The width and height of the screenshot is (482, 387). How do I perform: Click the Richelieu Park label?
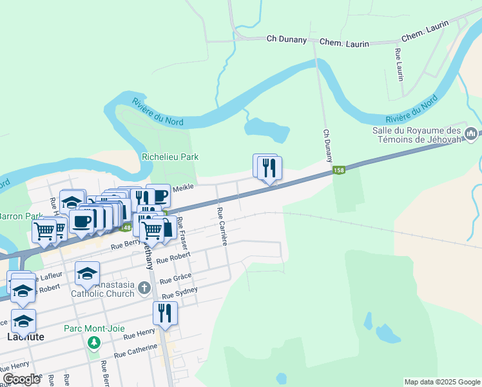click(x=170, y=157)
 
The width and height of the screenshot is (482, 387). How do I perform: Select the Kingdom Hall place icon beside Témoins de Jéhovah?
click(x=471, y=134)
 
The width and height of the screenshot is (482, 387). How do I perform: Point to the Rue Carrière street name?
click(x=222, y=226)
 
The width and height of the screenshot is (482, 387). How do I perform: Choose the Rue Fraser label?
click(x=183, y=233)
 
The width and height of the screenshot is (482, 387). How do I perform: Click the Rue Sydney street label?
click(x=180, y=293)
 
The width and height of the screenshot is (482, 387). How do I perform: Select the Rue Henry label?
click(x=139, y=334)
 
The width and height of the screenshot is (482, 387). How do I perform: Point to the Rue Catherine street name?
click(x=135, y=352)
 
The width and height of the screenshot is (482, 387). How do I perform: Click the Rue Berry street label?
click(x=125, y=244)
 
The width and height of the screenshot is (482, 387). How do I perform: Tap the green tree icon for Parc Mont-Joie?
click(x=95, y=341)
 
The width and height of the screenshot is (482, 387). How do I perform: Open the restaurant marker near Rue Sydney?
click(x=165, y=313)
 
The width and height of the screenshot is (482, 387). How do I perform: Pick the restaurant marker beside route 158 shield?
click(x=269, y=168)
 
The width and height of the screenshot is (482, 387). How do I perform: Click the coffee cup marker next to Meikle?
click(x=158, y=195)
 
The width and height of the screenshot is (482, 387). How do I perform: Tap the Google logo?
click(x=22, y=379)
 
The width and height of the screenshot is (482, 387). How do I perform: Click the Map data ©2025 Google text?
click(x=441, y=382)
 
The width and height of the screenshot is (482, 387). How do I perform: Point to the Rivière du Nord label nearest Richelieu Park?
click(x=157, y=112)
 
